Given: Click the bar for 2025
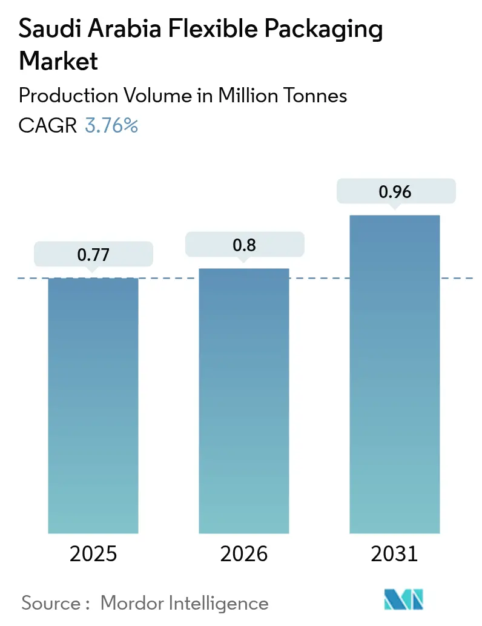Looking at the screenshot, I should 93,406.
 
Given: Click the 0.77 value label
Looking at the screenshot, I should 93,255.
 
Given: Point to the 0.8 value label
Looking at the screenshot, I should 244,245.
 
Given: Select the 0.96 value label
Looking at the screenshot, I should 395,192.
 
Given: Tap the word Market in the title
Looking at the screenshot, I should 58,61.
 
